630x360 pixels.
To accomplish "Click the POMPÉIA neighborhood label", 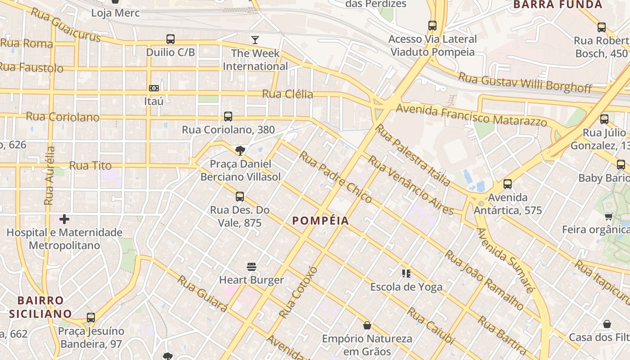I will tap(320, 220).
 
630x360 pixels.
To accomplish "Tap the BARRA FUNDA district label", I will tap(557, 5).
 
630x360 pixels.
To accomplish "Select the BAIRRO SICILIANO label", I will tap(45, 307).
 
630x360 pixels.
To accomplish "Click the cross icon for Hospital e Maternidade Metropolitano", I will tap(64, 219).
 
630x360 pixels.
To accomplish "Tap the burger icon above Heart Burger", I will tap(252, 267).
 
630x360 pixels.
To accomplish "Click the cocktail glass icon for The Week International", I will tap(255, 40).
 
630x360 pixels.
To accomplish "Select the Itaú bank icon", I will tap(154, 88).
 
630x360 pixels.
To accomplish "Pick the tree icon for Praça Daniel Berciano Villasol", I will tap(240, 151).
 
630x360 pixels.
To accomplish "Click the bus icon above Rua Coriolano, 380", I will tap(228, 117).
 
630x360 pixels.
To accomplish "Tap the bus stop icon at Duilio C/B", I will tap(171, 39).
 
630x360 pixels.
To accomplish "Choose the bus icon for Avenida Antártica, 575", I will tap(508, 184).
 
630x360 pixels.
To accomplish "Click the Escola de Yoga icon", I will tap(406, 274).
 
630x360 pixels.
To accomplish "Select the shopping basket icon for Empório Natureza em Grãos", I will tap(367, 325).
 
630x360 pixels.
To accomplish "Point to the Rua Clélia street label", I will tap(288, 94).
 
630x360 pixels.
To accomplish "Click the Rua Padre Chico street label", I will tap(335, 176).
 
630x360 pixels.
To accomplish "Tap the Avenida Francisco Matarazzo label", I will tap(471, 114).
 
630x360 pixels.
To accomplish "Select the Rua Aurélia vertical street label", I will tap(49, 175).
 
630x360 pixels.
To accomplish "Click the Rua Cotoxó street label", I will tap(298, 292).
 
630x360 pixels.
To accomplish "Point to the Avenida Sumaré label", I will tap(505, 260).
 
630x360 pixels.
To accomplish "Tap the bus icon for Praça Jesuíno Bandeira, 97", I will tap(91, 318).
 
